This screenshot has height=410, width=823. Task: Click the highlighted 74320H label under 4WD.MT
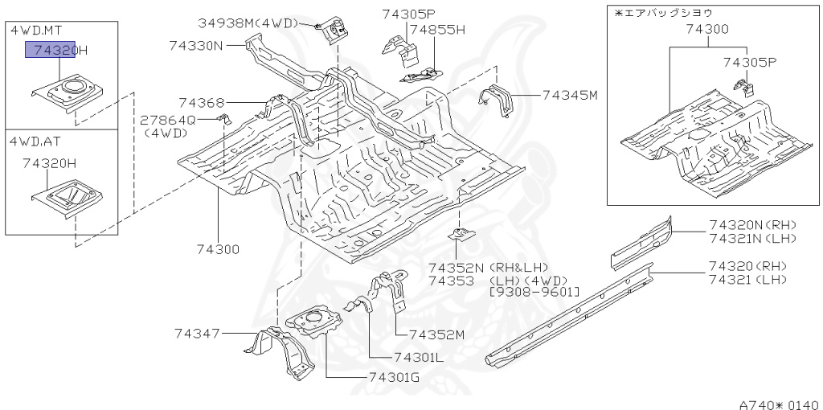coord(56,51)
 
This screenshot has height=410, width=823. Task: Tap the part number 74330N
coord(196,46)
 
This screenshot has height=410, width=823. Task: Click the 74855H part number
coord(437,30)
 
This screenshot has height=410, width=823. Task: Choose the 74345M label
coord(570,95)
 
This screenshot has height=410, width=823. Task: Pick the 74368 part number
coord(202,102)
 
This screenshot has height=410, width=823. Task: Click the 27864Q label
coord(167,120)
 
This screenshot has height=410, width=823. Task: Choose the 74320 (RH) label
coord(747,266)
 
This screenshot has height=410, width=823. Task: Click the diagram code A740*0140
coord(779,404)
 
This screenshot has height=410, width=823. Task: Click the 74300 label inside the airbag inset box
coord(707,30)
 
